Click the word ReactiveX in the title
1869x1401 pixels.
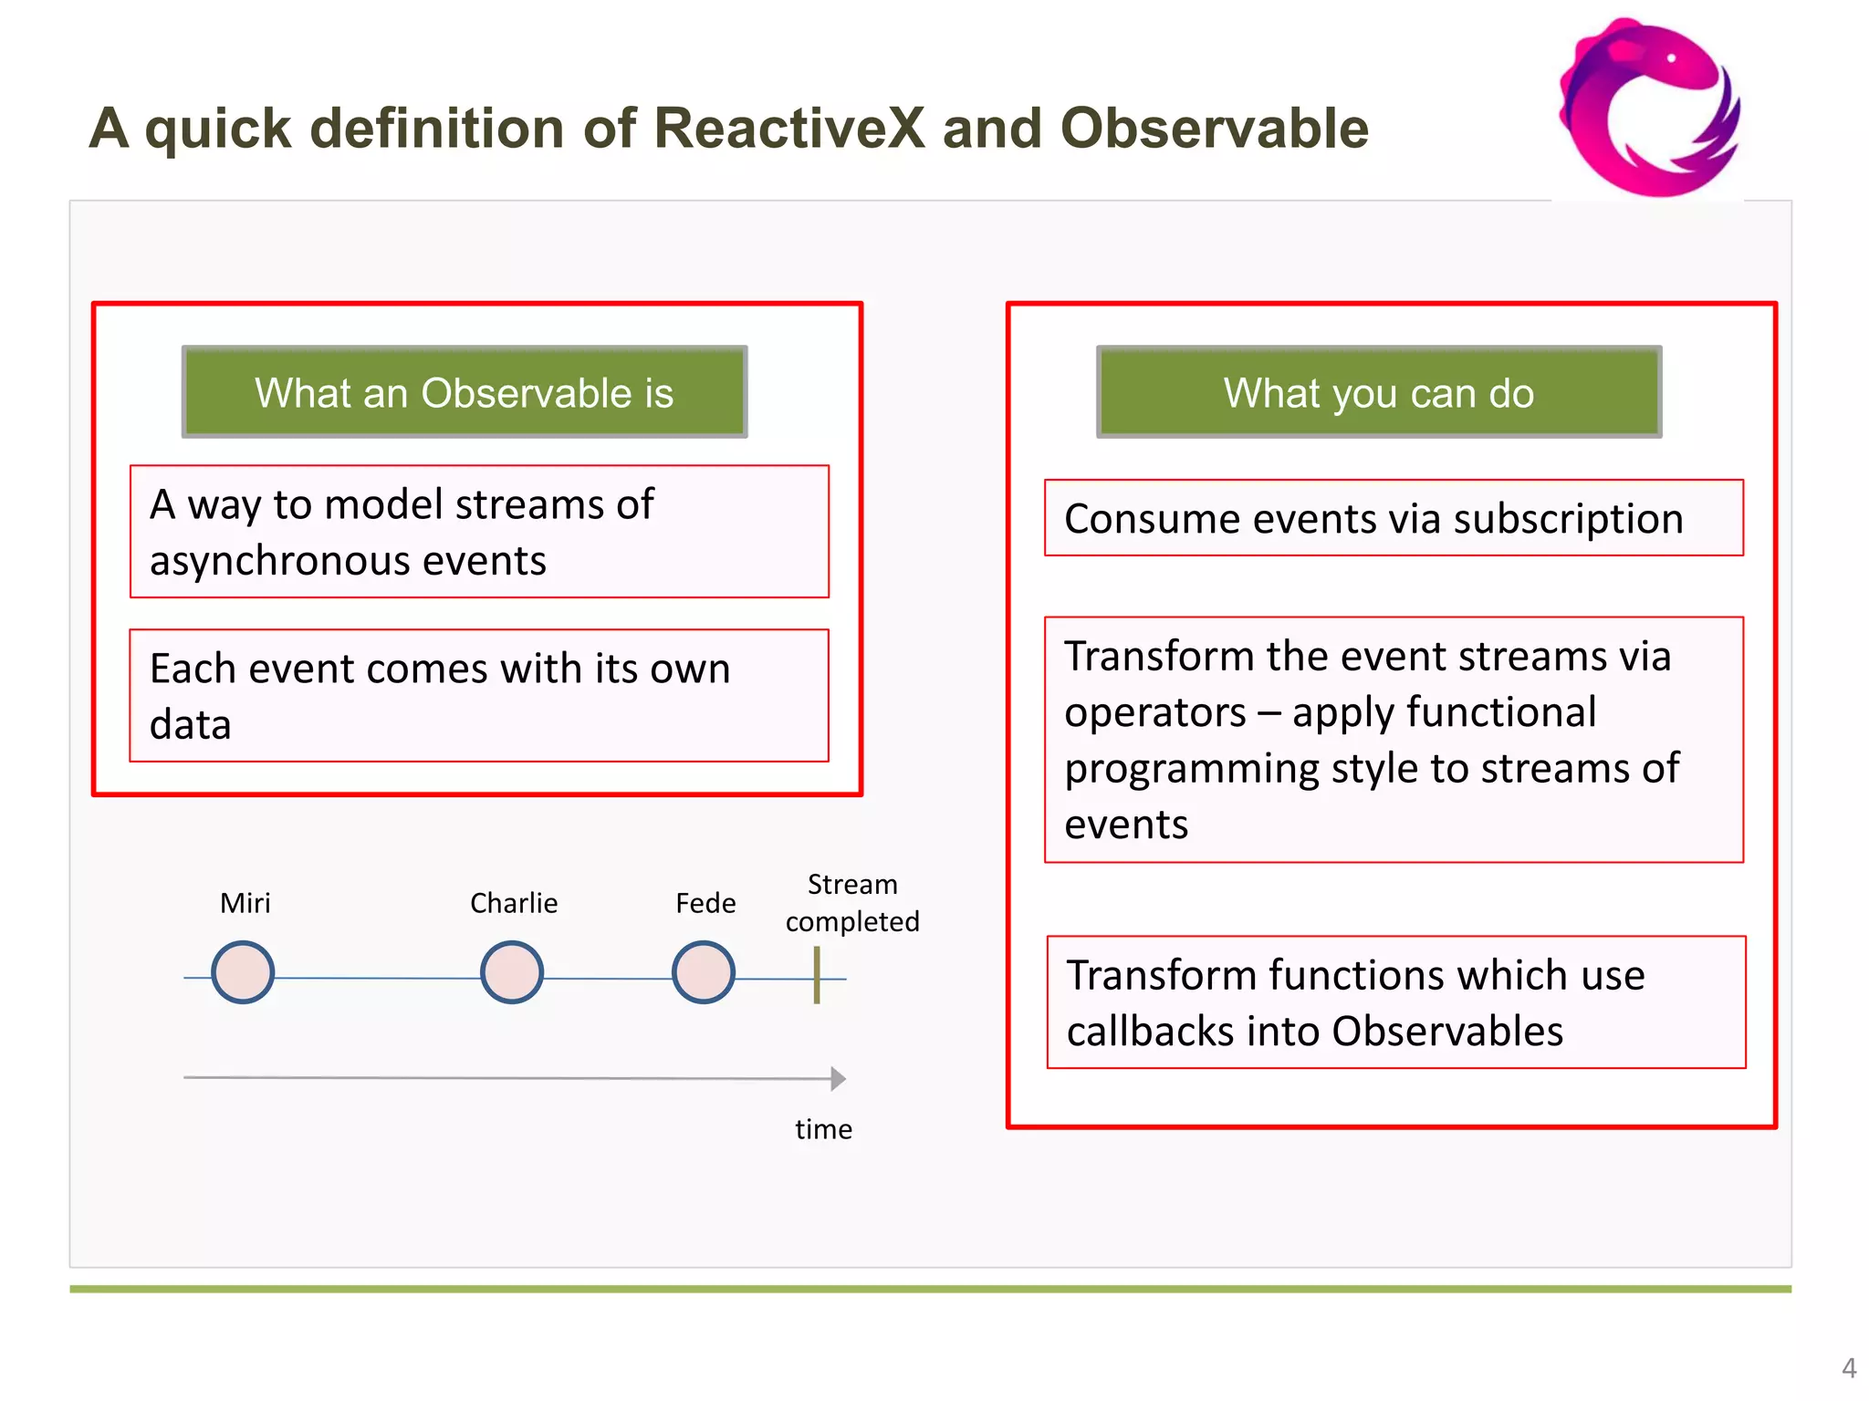tap(789, 128)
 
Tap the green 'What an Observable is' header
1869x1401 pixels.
tap(465, 392)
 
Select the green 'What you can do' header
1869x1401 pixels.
tap(1379, 392)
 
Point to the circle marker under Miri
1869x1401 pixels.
tap(243, 972)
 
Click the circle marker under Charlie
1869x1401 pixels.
tap(512, 972)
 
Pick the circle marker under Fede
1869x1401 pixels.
tap(704, 972)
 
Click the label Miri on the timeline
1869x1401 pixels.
tap(245, 903)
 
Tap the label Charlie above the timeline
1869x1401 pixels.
tap(514, 903)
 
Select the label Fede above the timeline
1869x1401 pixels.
tap(705, 903)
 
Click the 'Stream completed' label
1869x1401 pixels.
tap(852, 903)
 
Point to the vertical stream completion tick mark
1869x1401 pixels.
tap(817, 974)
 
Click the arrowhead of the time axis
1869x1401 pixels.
tap(838, 1079)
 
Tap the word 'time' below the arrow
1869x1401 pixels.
tap(823, 1129)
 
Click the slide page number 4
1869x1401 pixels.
tap(1849, 1368)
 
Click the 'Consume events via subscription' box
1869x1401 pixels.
tap(1394, 518)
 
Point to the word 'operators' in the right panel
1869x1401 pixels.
tap(1154, 712)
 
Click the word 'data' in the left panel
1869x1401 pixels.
tap(190, 725)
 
